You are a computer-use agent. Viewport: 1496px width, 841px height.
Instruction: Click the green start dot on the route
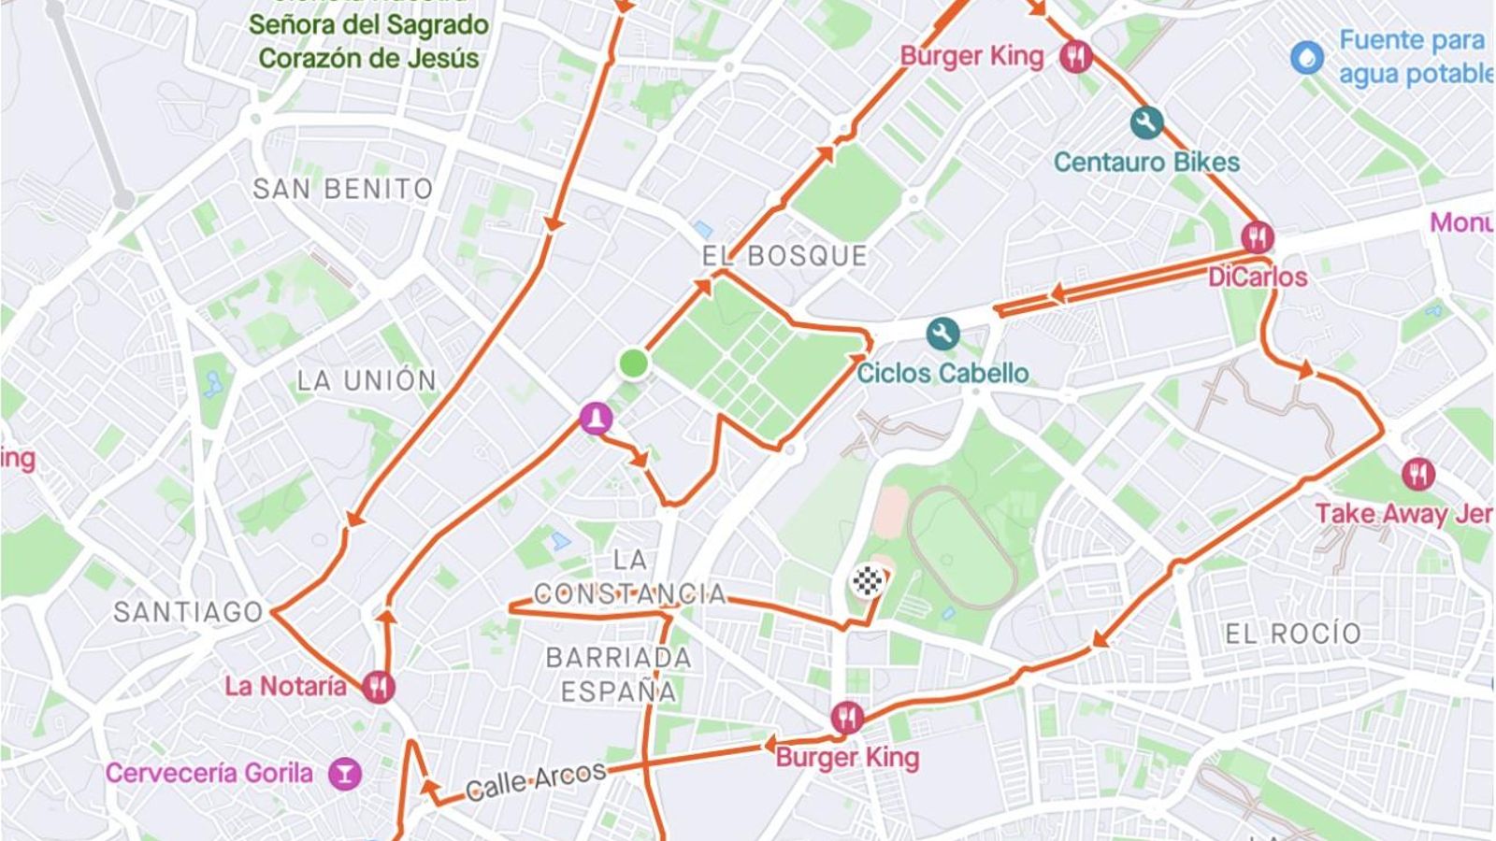634,363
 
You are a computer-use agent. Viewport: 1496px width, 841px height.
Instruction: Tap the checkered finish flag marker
867,581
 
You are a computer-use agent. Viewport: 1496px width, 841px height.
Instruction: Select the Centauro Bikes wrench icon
1146,122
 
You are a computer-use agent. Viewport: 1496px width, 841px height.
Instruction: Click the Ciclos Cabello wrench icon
942,334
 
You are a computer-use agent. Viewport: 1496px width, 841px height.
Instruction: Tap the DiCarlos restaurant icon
1258,237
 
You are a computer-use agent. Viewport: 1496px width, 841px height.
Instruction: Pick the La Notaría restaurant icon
379,687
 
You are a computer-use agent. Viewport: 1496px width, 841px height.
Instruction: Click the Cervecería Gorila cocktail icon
345,774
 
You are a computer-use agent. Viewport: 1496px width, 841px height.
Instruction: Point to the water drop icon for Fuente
1307,57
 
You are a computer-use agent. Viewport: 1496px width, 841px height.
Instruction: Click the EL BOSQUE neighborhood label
784,256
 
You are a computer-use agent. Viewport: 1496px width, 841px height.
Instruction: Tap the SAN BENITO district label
343,189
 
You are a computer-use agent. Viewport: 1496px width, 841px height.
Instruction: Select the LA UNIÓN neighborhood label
367,380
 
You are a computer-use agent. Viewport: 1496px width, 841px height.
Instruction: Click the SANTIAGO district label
189,612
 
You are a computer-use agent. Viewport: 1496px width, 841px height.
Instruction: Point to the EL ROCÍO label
1293,634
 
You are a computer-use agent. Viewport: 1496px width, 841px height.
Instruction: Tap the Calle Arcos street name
536,781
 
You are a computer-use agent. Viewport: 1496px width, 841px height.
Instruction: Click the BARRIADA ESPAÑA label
618,674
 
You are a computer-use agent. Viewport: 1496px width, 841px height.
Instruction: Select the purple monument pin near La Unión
596,418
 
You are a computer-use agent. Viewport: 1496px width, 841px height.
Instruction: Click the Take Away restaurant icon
1418,474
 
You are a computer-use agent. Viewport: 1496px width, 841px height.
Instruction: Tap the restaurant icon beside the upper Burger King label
1075,57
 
